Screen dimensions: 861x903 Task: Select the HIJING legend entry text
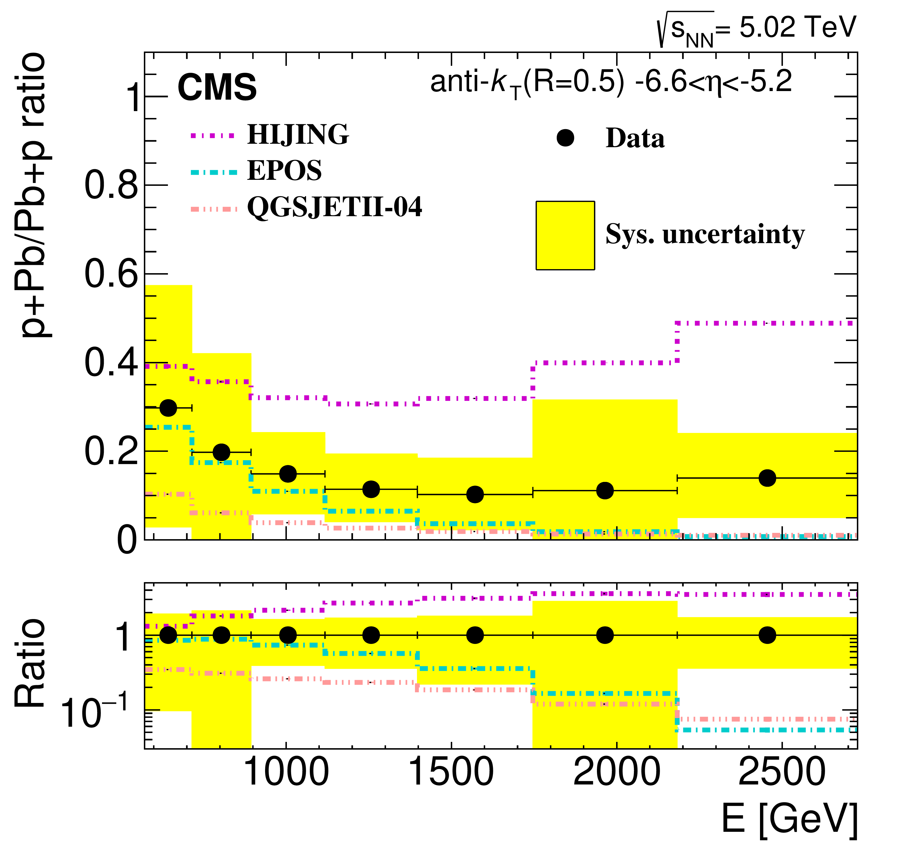pos(298,135)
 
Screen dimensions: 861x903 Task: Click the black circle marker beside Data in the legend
pos(565,138)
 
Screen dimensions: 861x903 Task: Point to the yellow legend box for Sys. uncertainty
pos(565,235)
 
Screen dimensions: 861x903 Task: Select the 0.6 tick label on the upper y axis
pos(111,274)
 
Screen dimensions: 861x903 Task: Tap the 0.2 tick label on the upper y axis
pos(111,452)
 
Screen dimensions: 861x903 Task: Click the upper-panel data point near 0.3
pos(168,407)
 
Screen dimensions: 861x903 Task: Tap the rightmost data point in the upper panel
pos(767,478)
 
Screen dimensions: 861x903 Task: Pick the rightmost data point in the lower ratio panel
pos(767,635)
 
